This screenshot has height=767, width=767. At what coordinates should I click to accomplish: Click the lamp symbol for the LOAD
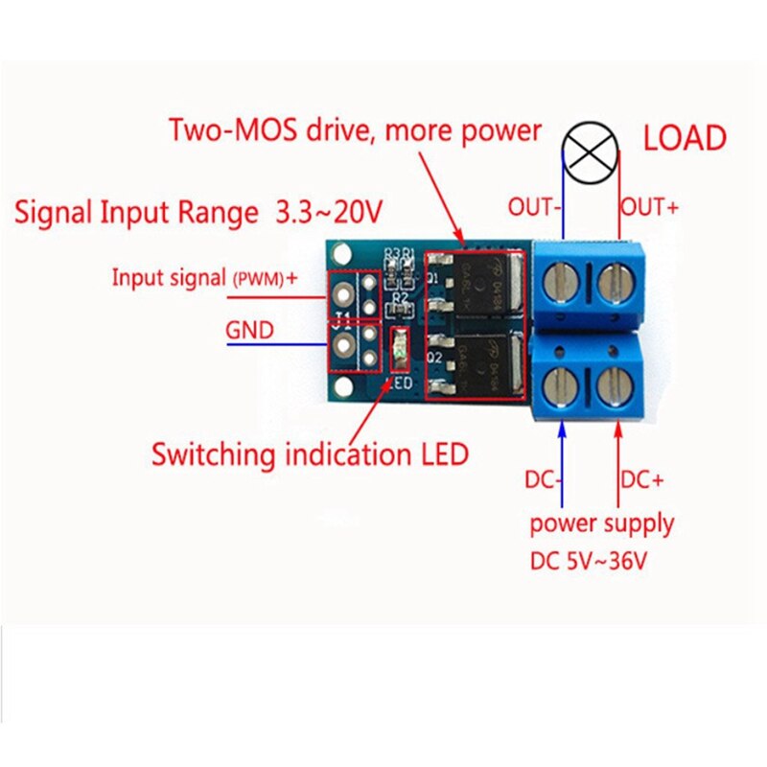tap(586, 153)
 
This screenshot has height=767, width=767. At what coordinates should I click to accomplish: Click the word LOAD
tap(684, 138)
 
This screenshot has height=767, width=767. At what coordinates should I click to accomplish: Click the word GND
tap(249, 332)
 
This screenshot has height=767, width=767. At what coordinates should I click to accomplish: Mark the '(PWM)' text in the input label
tap(256, 279)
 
